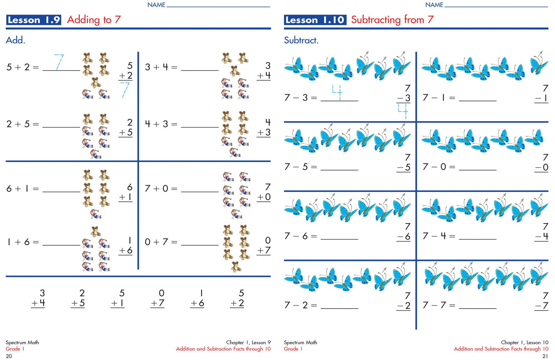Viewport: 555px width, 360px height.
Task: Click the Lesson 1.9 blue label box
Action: click(33, 20)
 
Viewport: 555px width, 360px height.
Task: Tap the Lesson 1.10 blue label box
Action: click(315, 20)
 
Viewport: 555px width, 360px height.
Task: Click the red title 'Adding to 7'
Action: click(94, 20)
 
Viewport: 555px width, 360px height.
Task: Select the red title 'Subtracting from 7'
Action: click(392, 20)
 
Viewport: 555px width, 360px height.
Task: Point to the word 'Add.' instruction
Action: click(15, 40)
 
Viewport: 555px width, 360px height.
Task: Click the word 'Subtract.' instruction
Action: click(301, 40)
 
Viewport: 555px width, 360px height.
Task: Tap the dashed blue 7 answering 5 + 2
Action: click(59, 62)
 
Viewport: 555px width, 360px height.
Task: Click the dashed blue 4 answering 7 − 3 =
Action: click(337, 92)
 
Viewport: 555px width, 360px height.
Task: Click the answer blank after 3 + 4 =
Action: click(200, 71)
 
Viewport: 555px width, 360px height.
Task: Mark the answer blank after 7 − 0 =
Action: click(478, 170)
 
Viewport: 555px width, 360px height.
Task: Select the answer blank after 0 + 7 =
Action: click(200, 245)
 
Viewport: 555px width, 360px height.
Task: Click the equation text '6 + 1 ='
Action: click(23, 189)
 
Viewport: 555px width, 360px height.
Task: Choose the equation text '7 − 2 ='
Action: click(300, 305)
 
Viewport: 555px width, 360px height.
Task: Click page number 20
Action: click(9, 356)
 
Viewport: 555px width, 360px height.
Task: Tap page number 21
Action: click(545, 356)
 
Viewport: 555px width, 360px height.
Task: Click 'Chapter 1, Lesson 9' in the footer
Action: click(248, 342)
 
